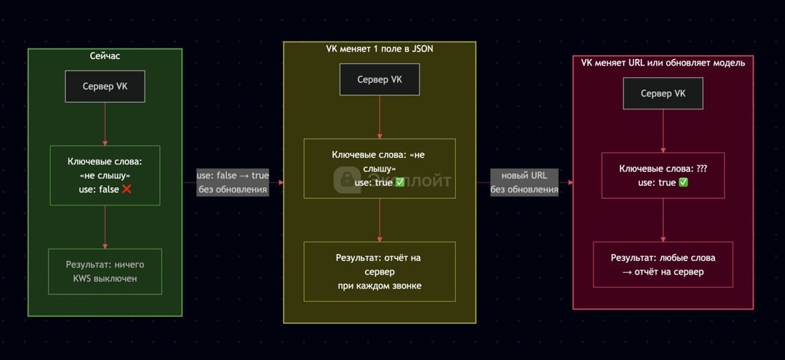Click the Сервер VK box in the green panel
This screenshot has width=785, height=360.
(x=105, y=86)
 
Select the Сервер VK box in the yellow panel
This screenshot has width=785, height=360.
(x=379, y=80)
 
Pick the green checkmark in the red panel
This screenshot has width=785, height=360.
(x=684, y=183)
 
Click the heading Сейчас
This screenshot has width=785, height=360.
(x=105, y=56)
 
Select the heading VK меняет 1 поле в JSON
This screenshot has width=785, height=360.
(x=379, y=49)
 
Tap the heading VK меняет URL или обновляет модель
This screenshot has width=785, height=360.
(x=663, y=62)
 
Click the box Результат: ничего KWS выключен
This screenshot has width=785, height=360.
(x=105, y=271)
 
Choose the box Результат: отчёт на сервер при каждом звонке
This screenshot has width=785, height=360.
(x=379, y=272)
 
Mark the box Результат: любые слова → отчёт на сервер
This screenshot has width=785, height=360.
(x=663, y=264)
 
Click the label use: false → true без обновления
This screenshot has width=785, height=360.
(x=233, y=183)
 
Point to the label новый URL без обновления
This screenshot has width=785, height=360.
(x=524, y=183)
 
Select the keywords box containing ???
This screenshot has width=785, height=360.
(x=663, y=175)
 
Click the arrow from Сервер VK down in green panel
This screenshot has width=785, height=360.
(x=105, y=124)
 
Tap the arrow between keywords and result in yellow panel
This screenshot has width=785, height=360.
(x=379, y=220)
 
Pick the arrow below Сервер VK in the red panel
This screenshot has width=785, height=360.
(x=663, y=131)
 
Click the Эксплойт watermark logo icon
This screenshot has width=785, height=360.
(x=346, y=180)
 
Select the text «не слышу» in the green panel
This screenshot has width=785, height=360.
(x=105, y=175)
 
